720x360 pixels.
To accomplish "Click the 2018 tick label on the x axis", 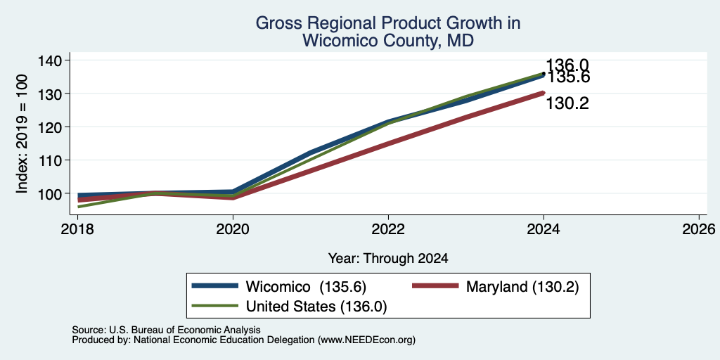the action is pyautogui.click(x=77, y=229).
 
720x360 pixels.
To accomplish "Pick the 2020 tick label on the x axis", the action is pyautogui.click(x=233, y=229).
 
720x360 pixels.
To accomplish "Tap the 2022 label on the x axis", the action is pyautogui.click(x=388, y=229).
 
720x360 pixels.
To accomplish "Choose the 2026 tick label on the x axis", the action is pyautogui.click(x=700, y=229).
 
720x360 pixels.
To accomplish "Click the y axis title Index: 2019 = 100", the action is pyautogui.click(x=22, y=134).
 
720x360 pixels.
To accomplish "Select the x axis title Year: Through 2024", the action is pyautogui.click(x=388, y=259).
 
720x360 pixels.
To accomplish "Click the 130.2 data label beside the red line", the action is pyautogui.click(x=567, y=104).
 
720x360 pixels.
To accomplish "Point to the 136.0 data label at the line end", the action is pyautogui.click(x=567, y=66).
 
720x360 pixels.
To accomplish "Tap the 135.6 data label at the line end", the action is pyautogui.click(x=568, y=77).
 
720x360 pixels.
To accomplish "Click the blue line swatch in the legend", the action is pyautogui.click(x=215, y=286).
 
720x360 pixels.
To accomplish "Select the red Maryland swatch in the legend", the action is pyautogui.click(x=435, y=286).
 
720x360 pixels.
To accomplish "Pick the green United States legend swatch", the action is pyautogui.click(x=215, y=305).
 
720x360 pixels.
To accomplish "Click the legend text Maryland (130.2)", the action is pyautogui.click(x=522, y=287).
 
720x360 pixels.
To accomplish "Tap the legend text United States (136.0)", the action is pyautogui.click(x=316, y=307).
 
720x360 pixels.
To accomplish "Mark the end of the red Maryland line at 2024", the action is pyautogui.click(x=544, y=93).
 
